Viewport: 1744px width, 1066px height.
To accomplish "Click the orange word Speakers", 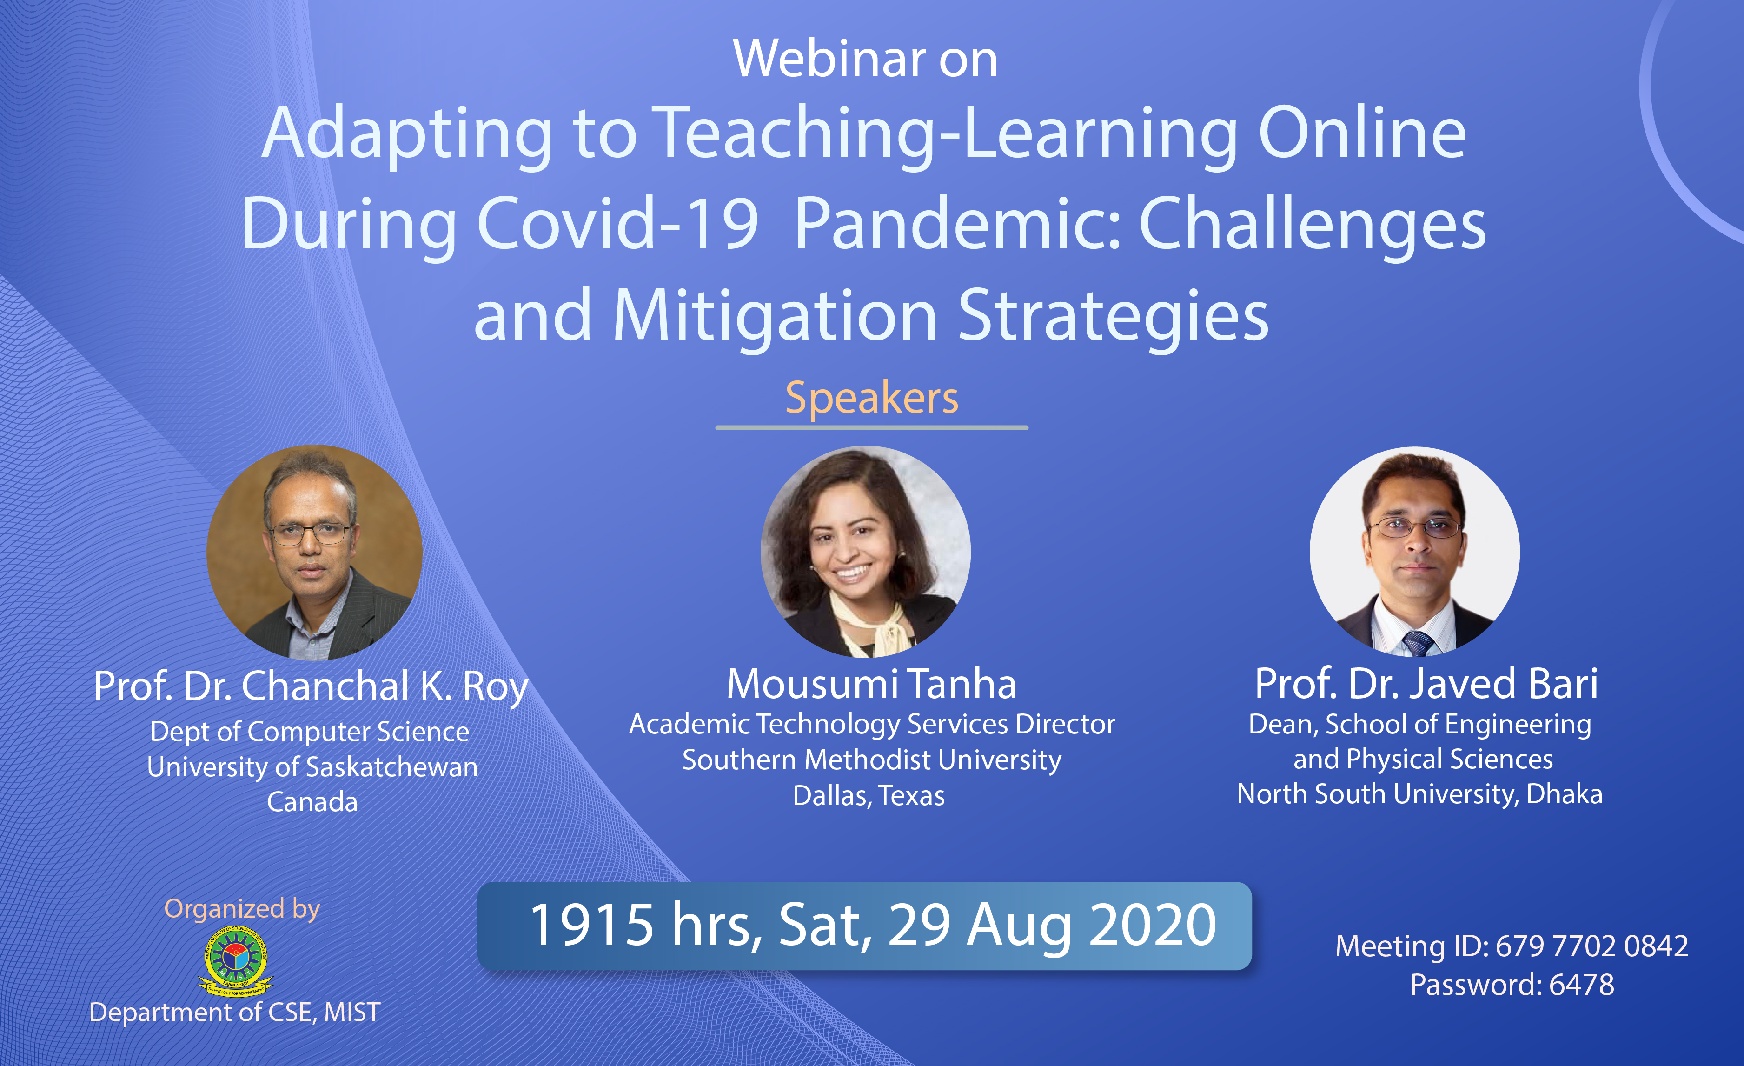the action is pos(872,399).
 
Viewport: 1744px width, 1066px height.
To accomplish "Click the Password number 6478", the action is pos(1582,985).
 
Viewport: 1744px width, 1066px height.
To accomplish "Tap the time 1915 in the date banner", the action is pos(592,925).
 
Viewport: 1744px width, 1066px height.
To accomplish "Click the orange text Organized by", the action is pos(242,909).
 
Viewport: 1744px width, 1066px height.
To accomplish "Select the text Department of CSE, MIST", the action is pos(235,1012).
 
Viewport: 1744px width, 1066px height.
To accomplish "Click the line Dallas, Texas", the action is pos(869,796).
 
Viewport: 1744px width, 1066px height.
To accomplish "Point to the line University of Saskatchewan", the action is pos(312,767).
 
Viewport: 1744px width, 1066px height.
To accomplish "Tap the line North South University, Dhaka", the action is pos(1420,794).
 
